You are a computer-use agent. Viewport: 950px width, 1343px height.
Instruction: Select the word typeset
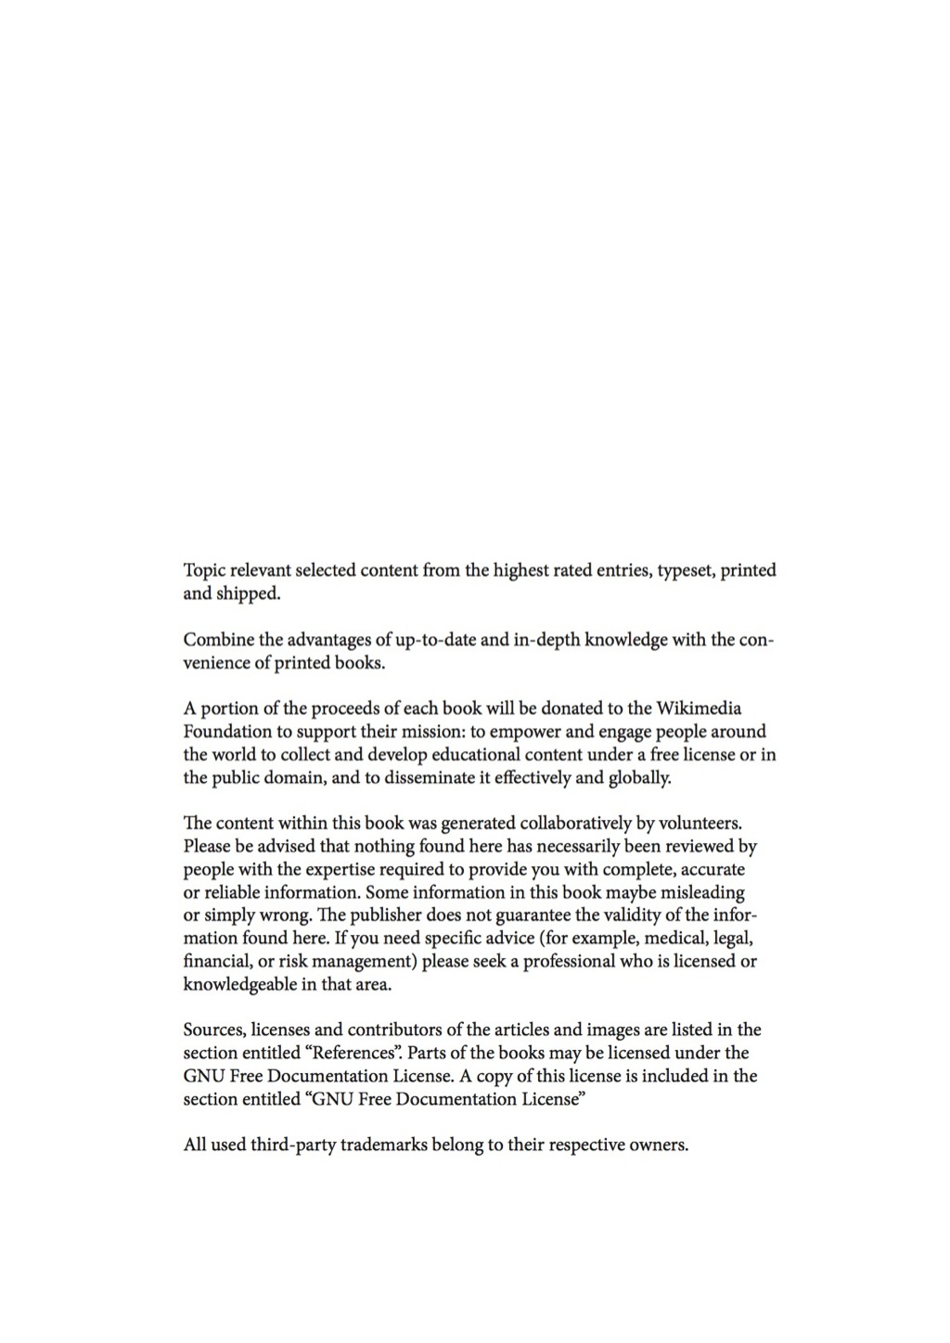687,570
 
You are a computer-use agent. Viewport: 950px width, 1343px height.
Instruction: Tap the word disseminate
418,778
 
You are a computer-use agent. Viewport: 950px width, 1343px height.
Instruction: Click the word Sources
214,1030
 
